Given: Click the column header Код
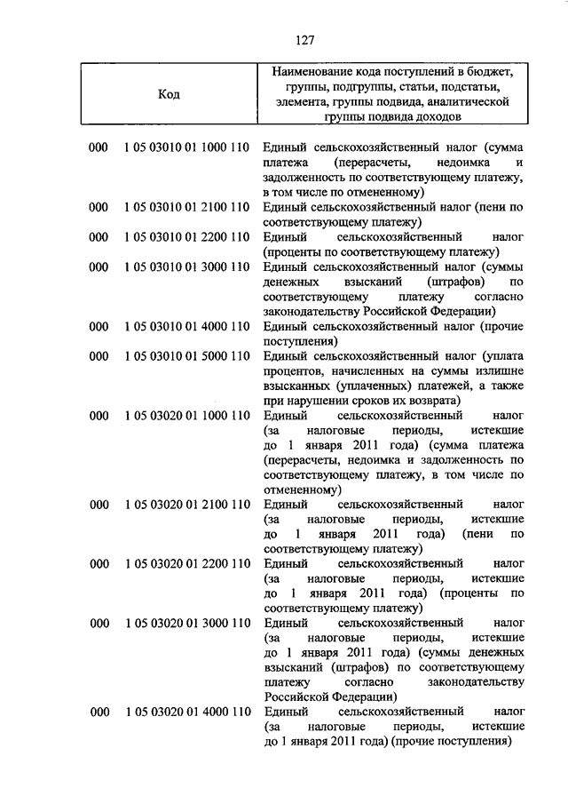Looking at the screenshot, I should point(170,95).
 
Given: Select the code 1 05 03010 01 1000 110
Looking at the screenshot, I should point(187,146).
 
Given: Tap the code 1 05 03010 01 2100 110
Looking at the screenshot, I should point(187,207).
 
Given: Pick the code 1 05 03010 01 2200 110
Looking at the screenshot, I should point(187,237).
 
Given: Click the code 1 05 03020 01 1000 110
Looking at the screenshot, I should point(187,415).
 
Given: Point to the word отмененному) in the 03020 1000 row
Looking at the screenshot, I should point(302,490).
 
